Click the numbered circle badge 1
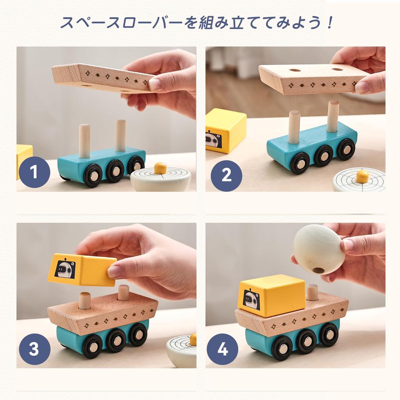tap(34, 172)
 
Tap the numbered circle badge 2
tap(227, 175)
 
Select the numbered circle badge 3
tap(34, 349)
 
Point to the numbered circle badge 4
tap(222, 349)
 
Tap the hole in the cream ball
tap(319, 270)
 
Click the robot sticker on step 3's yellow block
tap(65, 269)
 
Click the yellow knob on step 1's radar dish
tap(160, 168)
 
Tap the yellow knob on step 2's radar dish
tap(362, 176)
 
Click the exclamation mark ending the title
tap(330, 23)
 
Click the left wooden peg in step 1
tap(84, 141)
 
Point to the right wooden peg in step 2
tap(333, 116)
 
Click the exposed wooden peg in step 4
tap(312, 293)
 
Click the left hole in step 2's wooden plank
tap(295, 71)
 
